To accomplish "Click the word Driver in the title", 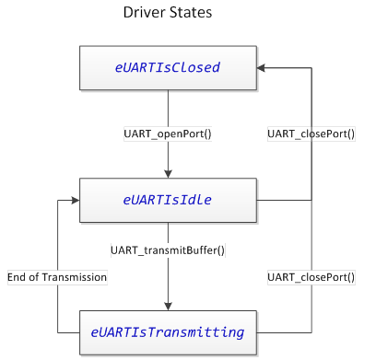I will tap(143, 14).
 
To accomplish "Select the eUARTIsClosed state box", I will tap(168, 67).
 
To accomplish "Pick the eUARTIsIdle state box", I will tap(168, 200).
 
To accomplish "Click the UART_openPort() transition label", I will tap(168, 134).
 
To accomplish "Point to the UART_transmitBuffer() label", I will tap(168, 250).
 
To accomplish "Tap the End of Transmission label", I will tap(57, 276).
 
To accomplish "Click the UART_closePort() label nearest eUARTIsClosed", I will tap(311, 134).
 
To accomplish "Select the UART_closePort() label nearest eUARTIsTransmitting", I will tap(311, 276).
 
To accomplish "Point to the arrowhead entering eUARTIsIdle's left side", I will tap(73, 200).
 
